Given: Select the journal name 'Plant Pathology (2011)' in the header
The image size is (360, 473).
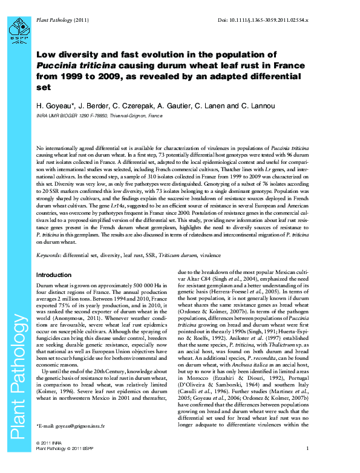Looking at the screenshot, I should click(63, 21).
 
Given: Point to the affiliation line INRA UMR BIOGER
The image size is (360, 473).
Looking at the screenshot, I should click(99, 115).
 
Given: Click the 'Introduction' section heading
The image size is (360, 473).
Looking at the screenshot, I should click(54, 275).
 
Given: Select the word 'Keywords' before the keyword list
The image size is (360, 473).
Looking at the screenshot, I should click(50, 256).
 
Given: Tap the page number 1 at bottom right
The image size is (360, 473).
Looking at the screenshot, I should click(307, 465).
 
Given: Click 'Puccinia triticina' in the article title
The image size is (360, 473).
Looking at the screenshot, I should click(68, 65).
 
